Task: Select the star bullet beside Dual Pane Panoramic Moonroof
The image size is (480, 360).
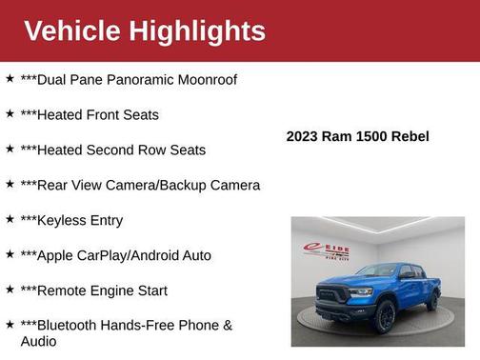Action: tap(10, 78)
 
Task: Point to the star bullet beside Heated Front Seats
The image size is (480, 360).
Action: tap(10, 113)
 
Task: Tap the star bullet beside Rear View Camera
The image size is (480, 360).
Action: tap(10, 184)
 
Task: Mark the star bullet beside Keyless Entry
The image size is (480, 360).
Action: tap(10, 219)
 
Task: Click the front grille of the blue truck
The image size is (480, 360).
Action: tap(335, 293)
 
